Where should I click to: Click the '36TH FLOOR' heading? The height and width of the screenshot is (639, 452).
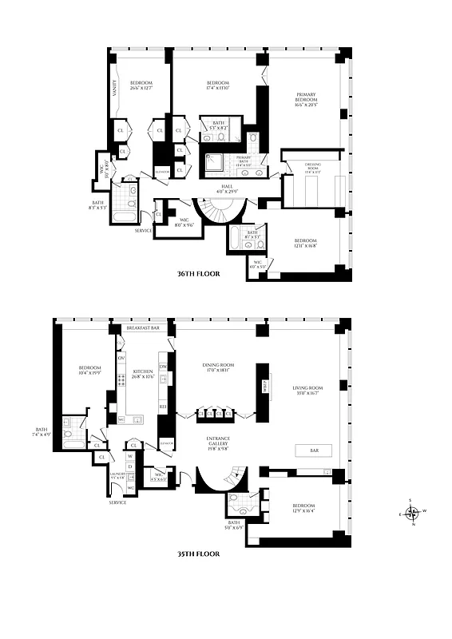(198, 273)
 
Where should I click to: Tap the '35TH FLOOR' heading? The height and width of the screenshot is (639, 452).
(198, 553)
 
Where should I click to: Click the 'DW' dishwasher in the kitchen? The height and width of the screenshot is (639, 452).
(162, 367)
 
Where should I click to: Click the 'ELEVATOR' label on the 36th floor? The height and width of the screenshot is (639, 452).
(161, 171)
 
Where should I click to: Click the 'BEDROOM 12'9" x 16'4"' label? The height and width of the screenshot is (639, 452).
(303, 508)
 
